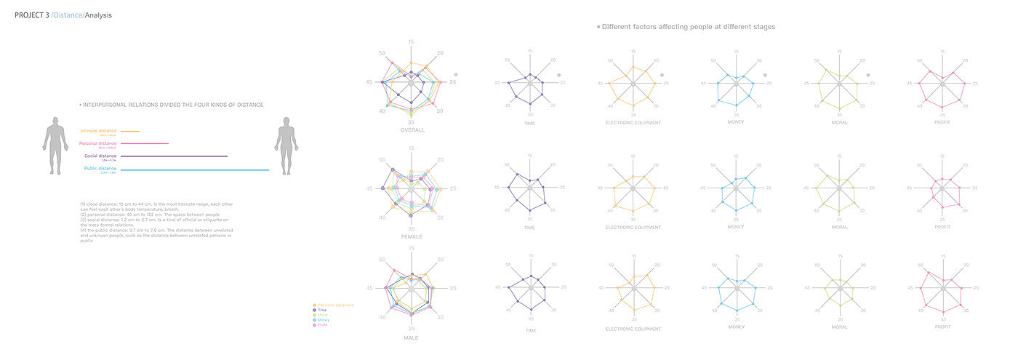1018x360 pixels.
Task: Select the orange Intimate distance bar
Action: [130, 131]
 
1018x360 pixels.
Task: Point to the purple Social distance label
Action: [98, 156]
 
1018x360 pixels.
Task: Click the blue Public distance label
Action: [98, 168]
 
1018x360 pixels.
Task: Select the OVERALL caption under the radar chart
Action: [412, 130]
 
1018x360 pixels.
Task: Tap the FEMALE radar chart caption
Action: [412, 236]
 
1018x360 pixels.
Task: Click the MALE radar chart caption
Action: [412, 337]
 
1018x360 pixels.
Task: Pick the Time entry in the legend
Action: [322, 310]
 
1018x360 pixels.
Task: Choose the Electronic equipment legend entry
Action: [335, 305]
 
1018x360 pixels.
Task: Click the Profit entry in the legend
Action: [322, 324]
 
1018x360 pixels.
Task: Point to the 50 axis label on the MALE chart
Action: [382, 258]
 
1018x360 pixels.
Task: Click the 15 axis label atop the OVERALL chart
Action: [412, 42]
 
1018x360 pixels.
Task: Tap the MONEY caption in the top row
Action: [736, 122]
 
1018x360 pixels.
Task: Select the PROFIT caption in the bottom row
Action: [942, 327]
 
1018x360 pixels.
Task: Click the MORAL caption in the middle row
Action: [839, 227]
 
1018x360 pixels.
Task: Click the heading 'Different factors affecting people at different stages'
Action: [688, 27]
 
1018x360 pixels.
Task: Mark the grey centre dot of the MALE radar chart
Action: [412, 289]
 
